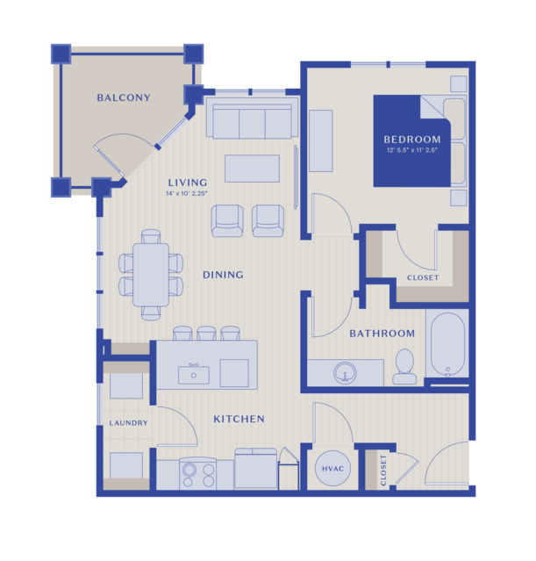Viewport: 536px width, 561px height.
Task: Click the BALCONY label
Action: pyautogui.click(x=124, y=97)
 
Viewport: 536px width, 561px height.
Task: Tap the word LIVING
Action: pyautogui.click(x=188, y=183)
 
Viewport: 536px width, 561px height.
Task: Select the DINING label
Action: pyautogui.click(x=223, y=275)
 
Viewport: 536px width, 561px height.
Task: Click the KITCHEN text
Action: pyautogui.click(x=239, y=419)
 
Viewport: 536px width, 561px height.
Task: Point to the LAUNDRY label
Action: pyautogui.click(x=128, y=423)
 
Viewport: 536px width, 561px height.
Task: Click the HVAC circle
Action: pyautogui.click(x=332, y=468)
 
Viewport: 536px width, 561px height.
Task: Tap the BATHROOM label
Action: pyautogui.click(x=382, y=334)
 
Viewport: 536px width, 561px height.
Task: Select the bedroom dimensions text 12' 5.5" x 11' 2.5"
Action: pyautogui.click(x=412, y=150)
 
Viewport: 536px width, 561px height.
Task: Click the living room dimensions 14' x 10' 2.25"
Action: pyautogui.click(x=187, y=193)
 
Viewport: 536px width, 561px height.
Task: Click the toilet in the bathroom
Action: pyautogui.click(x=404, y=366)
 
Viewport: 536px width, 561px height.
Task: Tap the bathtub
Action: pyautogui.click(x=447, y=345)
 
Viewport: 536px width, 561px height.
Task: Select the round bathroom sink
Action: pyautogui.click(x=345, y=373)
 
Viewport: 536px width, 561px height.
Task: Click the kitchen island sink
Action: pyautogui.click(x=194, y=374)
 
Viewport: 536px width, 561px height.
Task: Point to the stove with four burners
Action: pyautogui.click(x=197, y=473)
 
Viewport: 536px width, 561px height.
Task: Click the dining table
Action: pyautogui.click(x=151, y=275)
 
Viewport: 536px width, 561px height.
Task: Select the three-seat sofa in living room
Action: pyautogui.click(x=252, y=118)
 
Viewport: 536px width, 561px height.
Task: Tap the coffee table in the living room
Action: pyautogui.click(x=252, y=169)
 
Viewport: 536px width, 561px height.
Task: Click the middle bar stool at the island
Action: pyautogui.click(x=206, y=333)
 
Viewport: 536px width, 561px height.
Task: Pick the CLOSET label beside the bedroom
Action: pyautogui.click(x=423, y=277)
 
